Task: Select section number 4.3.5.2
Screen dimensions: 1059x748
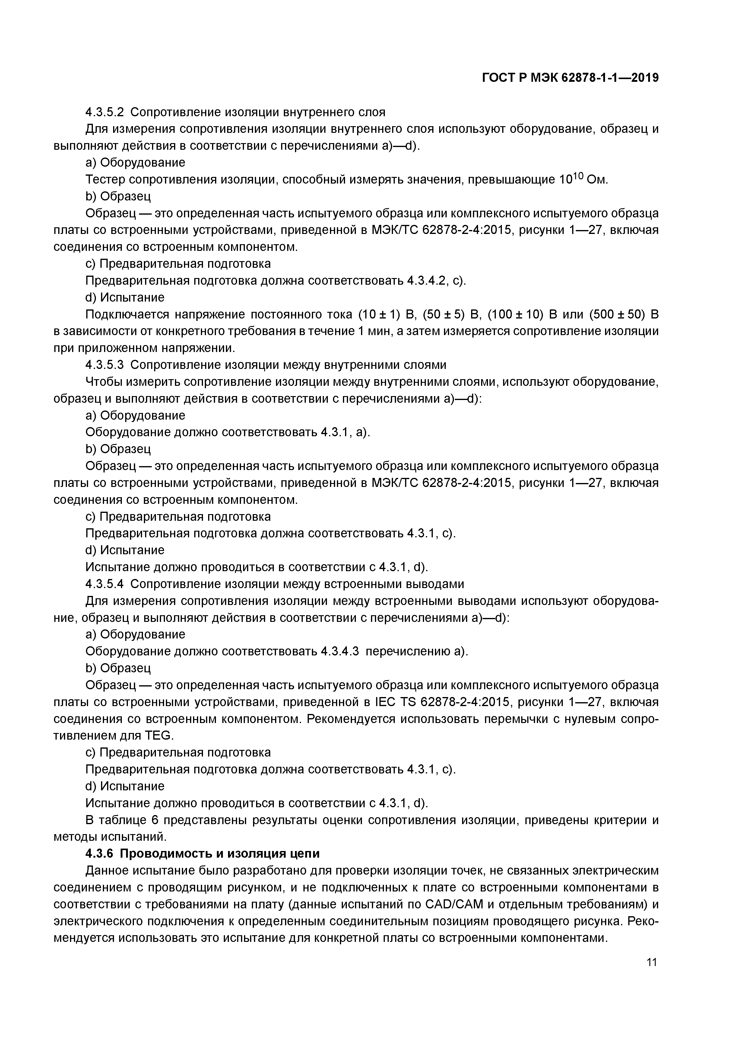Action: (x=105, y=112)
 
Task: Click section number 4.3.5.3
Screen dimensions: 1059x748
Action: (x=105, y=365)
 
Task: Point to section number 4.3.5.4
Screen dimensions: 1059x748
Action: (x=105, y=584)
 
